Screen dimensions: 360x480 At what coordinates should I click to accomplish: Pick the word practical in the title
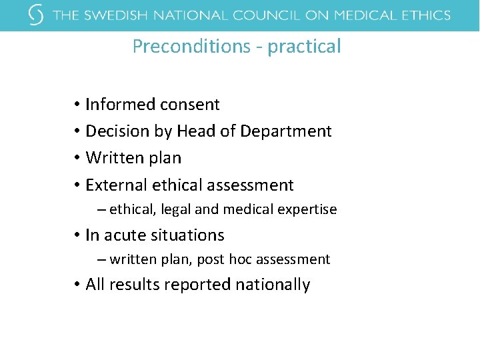point(305,47)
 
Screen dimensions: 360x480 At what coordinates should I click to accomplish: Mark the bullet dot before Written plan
point(77,159)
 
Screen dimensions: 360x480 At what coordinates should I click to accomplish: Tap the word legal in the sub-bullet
point(175,209)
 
